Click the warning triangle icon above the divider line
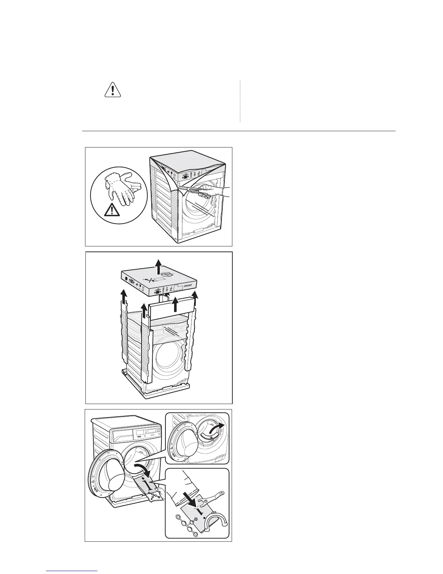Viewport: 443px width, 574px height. (x=112, y=90)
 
